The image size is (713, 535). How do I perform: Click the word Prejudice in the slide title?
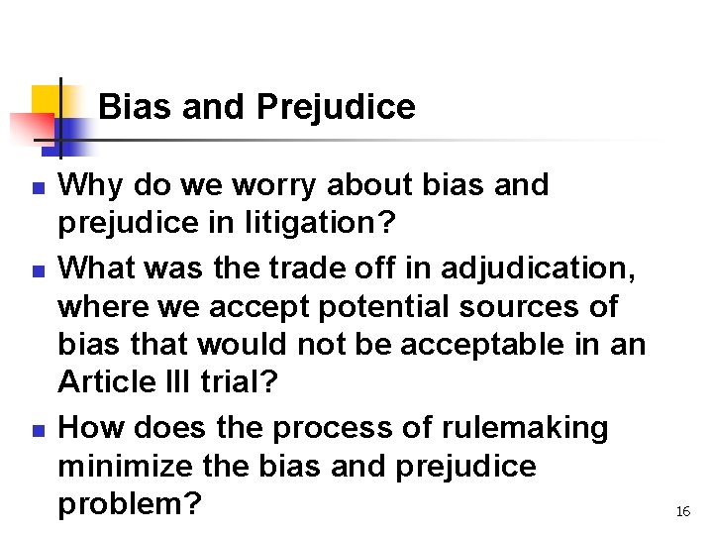pyautogui.click(x=336, y=107)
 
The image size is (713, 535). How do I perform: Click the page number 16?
pyautogui.click(x=682, y=511)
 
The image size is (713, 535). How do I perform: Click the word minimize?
pyautogui.click(x=127, y=467)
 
